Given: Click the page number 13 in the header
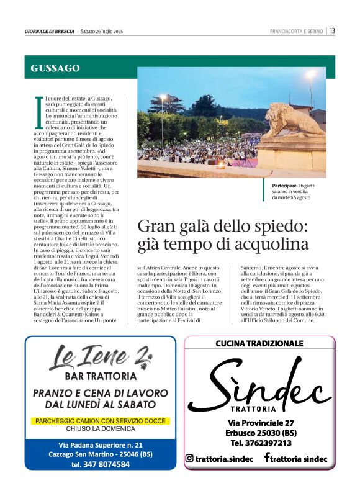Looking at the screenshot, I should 333,31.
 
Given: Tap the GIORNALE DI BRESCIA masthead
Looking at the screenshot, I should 50,31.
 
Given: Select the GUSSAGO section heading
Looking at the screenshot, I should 55,68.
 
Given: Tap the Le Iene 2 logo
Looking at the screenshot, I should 101,358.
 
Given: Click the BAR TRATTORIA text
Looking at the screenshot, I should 101,376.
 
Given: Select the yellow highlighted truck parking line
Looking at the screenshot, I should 100,421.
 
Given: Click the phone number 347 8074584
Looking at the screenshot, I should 100,464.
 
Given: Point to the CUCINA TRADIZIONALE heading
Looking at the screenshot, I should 259,343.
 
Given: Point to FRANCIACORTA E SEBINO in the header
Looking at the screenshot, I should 297,31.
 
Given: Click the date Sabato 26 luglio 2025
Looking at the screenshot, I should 102,31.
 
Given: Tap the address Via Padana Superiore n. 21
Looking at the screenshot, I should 100,445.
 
